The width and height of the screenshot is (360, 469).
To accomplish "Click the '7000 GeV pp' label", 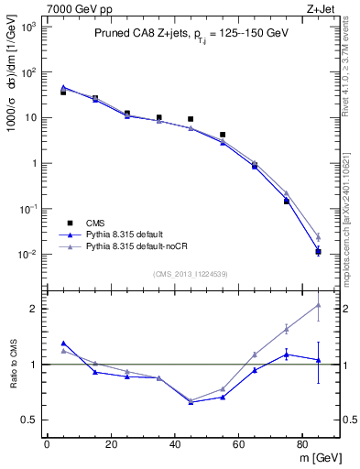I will [72, 8].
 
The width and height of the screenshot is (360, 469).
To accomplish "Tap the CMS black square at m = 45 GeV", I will [191, 119].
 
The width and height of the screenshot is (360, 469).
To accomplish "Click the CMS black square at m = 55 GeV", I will [223, 135].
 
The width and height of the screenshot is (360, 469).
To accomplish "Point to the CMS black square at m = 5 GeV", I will [63, 93].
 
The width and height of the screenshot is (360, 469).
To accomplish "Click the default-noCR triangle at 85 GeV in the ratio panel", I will [318, 305].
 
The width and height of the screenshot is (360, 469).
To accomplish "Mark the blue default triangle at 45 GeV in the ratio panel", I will [191, 402].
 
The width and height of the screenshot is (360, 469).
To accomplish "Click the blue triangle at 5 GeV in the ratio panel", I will [63, 343].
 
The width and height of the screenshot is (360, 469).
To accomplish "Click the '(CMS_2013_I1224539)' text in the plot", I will [190, 273].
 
